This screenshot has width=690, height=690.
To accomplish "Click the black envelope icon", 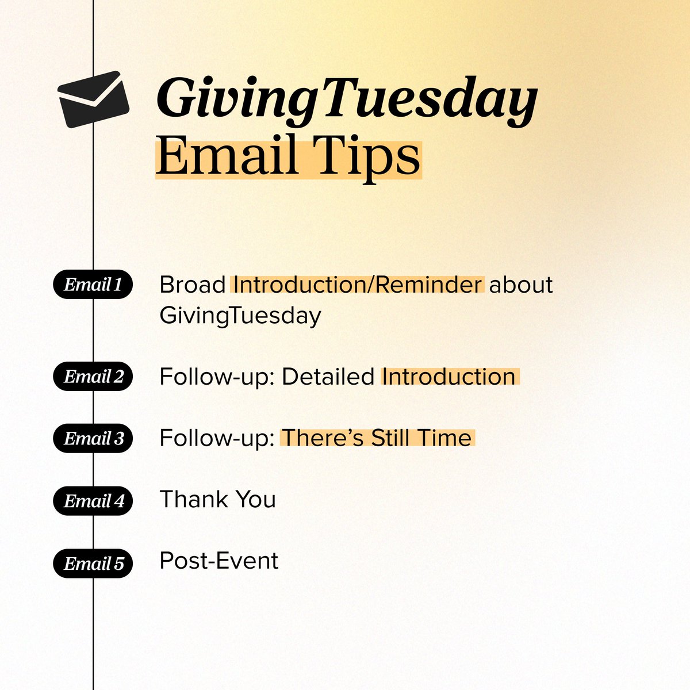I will coord(93,99).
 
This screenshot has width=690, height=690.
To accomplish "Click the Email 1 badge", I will coord(93,285).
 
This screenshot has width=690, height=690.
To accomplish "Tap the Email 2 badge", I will coord(93,377).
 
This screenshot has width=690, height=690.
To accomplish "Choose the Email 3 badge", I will coord(93,439).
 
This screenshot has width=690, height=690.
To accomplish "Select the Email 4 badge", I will coord(93,501).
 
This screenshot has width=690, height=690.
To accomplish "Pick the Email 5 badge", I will coord(93,563).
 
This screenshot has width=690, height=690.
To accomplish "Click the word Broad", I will coord(193,285).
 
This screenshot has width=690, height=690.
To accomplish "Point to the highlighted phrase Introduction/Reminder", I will coord(357,285).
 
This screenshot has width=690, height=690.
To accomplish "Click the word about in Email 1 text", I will coord(521,285).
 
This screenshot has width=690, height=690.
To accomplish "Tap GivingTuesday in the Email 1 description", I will coord(240,316).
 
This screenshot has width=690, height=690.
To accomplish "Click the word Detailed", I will coord(328,377).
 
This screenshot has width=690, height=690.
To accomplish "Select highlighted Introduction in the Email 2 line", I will coord(449,377).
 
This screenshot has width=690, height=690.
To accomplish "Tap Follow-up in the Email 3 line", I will coord(216,438).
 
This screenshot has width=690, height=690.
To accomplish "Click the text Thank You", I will coord(217,500).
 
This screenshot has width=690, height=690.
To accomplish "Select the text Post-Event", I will coord(218,561).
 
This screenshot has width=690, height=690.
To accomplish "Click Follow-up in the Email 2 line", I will coord(216,377).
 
